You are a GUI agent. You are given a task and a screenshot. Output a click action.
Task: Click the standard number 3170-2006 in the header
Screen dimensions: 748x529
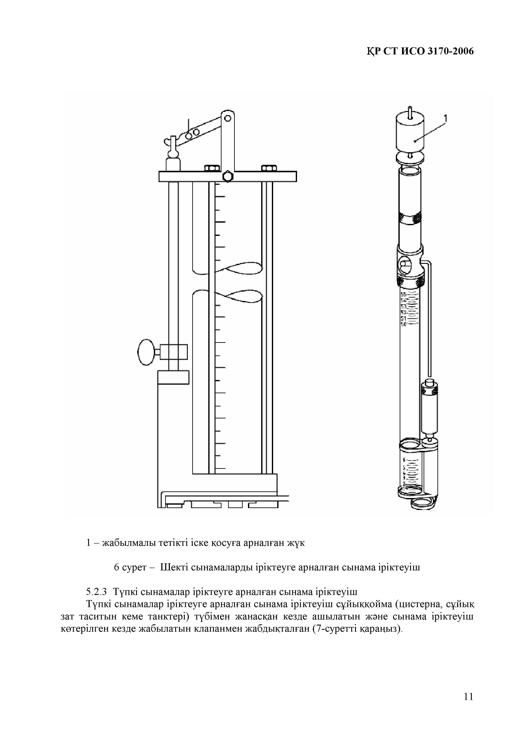pyautogui.click(x=450, y=51)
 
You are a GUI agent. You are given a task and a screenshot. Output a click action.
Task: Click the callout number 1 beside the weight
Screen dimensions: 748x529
pyautogui.click(x=446, y=119)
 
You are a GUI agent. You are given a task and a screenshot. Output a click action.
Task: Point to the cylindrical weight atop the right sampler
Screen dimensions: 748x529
pyautogui.click(x=410, y=131)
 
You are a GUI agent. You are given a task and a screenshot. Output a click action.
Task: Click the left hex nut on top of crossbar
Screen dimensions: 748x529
pyautogui.click(x=212, y=168)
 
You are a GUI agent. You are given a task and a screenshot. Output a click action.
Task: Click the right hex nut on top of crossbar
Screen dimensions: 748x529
pyautogui.click(x=269, y=168)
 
